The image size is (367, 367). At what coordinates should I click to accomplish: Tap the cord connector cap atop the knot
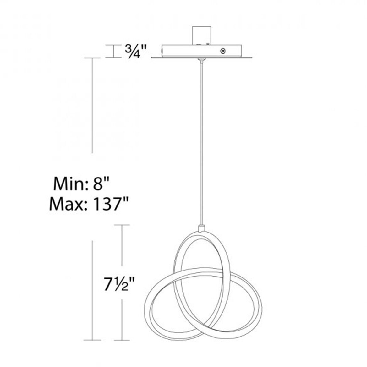(201, 227)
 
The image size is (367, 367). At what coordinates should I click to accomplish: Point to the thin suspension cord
(200, 141)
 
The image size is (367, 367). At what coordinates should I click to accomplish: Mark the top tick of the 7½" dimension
(122, 225)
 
